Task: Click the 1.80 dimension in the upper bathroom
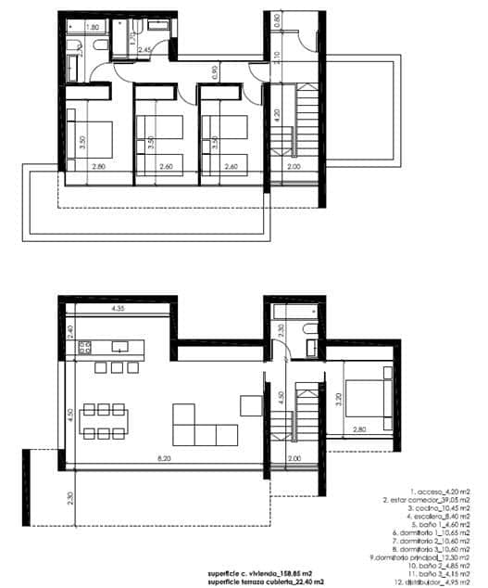[x=92, y=28]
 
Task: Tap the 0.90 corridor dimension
[x=215, y=70]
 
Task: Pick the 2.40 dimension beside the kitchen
[x=69, y=330]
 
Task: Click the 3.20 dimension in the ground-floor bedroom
[x=340, y=402]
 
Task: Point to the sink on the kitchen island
[x=119, y=346]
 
